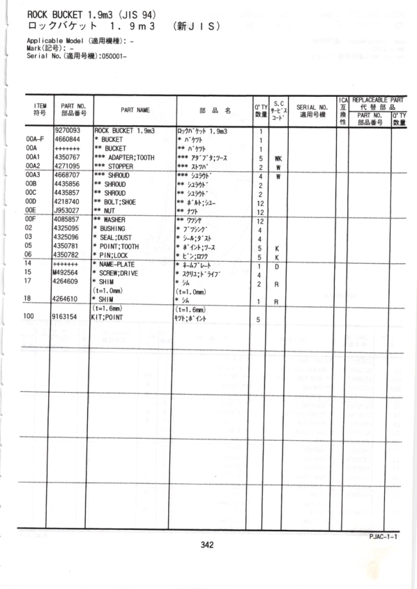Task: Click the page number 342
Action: (206, 545)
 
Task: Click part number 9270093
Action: (67, 130)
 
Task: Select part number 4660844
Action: (67, 139)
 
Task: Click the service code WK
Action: (278, 158)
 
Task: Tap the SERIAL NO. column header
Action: (310, 109)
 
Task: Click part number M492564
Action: (67, 274)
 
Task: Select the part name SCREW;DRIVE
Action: (118, 274)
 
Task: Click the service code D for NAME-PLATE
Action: (278, 265)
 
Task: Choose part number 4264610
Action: (67, 300)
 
